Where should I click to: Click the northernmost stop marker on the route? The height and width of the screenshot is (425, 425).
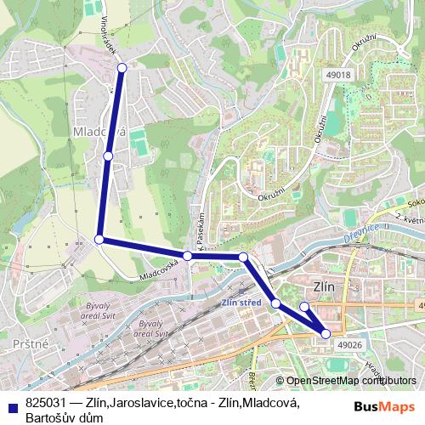coord(122,67)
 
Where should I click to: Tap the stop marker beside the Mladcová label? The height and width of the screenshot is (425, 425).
coord(108,156)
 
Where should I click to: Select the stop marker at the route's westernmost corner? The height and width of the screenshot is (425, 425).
coord(99,240)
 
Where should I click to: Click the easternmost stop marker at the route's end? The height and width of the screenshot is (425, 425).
coord(326,334)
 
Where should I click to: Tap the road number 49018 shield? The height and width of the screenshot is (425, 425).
coord(337,75)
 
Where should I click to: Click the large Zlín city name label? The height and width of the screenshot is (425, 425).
coord(325,286)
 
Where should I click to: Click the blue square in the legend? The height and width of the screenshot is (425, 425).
coord(10,403)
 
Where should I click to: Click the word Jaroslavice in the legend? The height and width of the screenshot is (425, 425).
coord(142,403)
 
